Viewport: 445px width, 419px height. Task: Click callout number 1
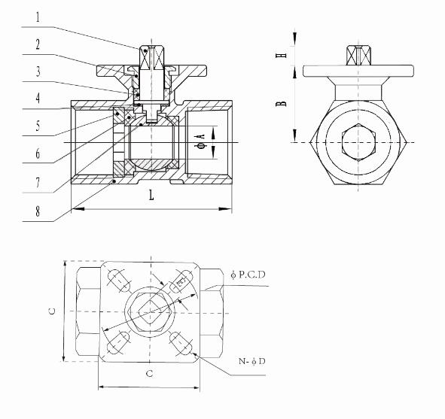38,17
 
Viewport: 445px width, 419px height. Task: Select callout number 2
38,44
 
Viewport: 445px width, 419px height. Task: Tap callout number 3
38,71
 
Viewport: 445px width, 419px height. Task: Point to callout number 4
38,99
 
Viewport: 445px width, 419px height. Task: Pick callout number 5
38,126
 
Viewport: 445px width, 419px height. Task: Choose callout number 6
38,153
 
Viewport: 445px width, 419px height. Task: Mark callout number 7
38,183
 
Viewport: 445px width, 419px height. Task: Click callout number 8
38,211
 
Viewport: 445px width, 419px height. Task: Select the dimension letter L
151,195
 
